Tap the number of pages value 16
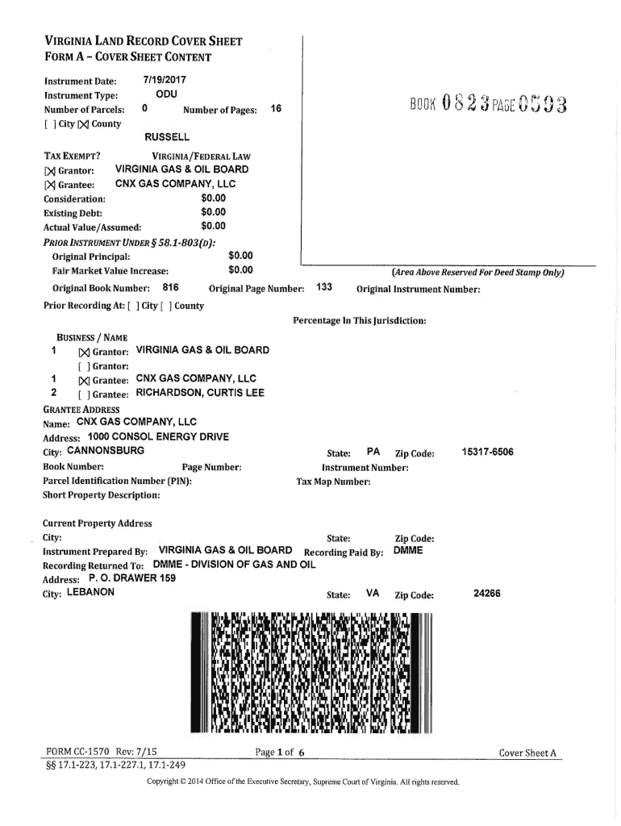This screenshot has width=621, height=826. click(276, 109)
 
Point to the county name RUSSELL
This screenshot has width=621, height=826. click(167, 137)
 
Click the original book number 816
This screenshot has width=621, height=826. click(170, 288)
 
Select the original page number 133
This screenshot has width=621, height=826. click(325, 288)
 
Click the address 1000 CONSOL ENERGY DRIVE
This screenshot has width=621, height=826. click(158, 437)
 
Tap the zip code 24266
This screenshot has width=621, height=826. click(487, 594)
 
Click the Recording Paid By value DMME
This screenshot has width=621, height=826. click(408, 551)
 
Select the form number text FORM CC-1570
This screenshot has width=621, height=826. click(79, 753)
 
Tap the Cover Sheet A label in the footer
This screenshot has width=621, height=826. click(527, 753)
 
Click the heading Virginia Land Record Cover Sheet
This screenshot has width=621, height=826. click(143, 41)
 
